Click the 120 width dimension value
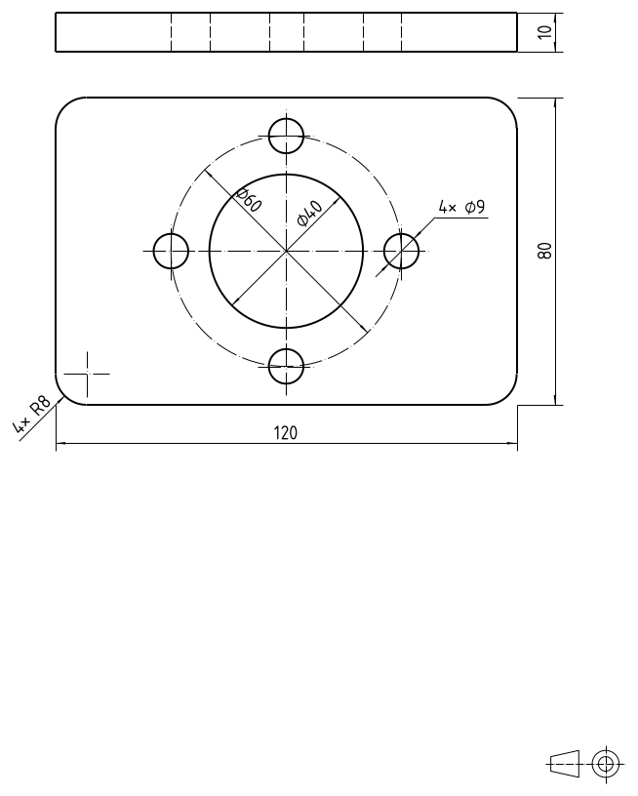click(x=285, y=433)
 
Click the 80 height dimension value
click(x=544, y=251)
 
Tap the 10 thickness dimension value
click(x=544, y=32)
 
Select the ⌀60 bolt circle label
click(x=249, y=200)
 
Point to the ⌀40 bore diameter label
click(x=309, y=214)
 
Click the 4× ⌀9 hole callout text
click(x=461, y=207)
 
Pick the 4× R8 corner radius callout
click(x=31, y=415)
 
